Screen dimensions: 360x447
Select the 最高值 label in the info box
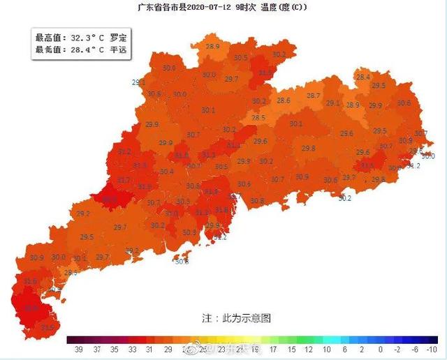(48, 37)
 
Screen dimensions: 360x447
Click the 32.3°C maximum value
(86, 37)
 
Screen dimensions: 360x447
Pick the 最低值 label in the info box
(48, 50)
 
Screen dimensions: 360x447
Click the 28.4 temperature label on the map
(363, 77)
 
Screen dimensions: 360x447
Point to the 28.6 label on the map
(284, 100)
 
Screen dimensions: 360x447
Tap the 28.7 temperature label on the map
(313, 96)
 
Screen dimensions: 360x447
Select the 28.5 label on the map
(258, 118)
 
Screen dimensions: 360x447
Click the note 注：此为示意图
(235, 317)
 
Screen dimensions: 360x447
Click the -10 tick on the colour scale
(432, 348)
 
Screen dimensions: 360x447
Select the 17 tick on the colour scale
(273, 348)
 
